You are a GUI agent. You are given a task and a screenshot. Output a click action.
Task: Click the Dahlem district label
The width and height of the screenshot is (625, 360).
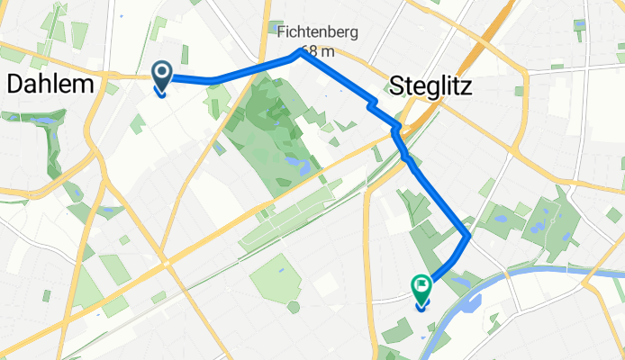click(50, 85)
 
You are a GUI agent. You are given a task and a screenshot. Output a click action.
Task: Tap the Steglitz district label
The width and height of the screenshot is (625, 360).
click(431, 85)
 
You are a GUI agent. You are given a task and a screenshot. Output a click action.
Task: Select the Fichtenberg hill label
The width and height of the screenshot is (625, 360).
click(318, 32)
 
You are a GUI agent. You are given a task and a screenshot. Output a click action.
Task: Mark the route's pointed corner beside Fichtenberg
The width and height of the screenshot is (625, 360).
click(299, 54)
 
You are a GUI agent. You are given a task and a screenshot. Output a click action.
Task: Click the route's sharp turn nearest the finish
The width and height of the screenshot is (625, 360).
click(468, 236)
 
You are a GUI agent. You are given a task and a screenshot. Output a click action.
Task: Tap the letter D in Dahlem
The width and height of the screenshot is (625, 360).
click(14, 85)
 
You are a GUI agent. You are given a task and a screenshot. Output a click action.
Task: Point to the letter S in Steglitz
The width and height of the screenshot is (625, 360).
click(399, 85)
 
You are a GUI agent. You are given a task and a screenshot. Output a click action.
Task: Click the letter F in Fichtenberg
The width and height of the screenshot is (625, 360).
click(283, 32)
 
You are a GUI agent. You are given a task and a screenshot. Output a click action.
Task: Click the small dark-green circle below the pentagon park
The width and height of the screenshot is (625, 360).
click(294, 307)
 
